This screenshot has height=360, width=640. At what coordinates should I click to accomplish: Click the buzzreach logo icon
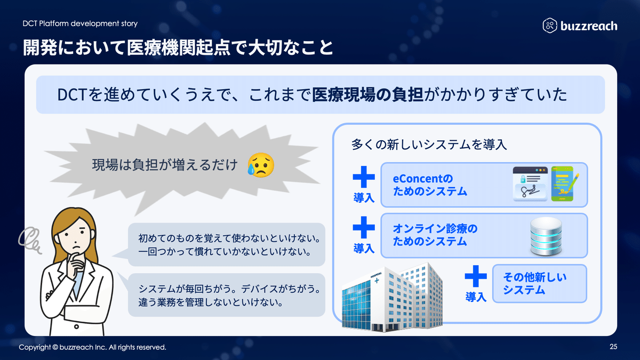pos(550,25)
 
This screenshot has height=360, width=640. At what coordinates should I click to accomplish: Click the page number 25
pos(613,347)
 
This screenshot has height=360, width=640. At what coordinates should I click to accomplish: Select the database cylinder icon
pos(545,238)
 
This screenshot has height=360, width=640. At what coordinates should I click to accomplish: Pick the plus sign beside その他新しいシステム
pos(476,277)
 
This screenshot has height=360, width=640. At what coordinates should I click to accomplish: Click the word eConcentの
pos(422,179)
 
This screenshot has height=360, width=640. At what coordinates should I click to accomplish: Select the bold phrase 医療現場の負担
pos(367,95)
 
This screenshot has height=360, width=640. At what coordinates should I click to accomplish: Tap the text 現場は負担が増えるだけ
pos(164,165)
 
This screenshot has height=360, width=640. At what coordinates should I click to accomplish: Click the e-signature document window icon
pos(530,183)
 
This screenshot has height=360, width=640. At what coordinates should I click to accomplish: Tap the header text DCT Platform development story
pos(80,23)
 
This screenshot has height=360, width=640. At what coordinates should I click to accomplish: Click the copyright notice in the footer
pos(93,347)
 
